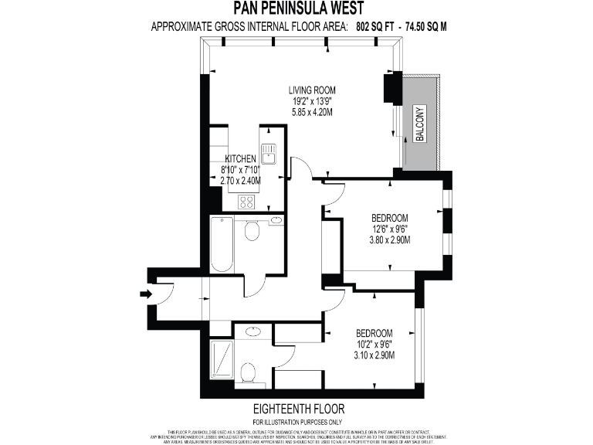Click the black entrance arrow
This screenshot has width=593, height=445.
145,294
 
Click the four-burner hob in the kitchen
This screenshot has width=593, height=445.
247,202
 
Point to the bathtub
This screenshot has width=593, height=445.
222,245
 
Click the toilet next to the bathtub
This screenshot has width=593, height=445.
252,229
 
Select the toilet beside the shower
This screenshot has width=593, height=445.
249,374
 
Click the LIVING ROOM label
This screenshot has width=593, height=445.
312,90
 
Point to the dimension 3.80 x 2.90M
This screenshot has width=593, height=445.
389,239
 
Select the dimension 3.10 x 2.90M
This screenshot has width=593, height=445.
375,355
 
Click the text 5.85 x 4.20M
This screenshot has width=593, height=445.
312,112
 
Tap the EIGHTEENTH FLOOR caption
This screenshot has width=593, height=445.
298,408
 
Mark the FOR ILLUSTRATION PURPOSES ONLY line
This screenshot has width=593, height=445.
298,421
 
